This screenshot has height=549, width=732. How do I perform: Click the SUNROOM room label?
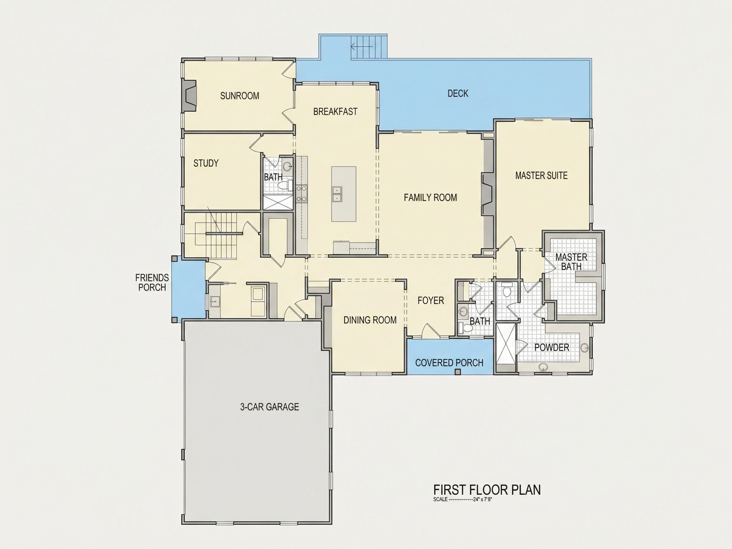click(240, 96)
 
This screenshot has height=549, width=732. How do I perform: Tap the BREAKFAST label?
click(335, 112)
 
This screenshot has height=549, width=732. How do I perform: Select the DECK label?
click(458, 94)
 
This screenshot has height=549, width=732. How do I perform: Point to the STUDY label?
click(206, 163)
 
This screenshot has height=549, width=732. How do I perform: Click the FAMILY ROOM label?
click(430, 198)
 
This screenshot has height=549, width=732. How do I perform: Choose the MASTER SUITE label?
click(541, 175)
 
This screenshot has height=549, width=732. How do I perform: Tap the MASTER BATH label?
click(571, 262)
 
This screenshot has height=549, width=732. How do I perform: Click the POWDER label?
click(552, 348)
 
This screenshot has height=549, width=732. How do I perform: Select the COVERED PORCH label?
click(449, 363)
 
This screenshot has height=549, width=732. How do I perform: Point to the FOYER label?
click(430, 301)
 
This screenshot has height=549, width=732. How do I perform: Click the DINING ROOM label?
click(370, 320)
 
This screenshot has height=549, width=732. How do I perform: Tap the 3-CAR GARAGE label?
click(269, 407)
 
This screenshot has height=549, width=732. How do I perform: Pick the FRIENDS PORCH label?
click(152, 283)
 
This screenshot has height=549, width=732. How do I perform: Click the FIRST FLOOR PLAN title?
click(487, 490)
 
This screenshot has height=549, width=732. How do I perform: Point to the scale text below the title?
click(463, 500)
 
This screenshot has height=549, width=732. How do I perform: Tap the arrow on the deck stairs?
click(362, 47)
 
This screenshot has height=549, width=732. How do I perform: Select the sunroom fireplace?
click(189, 96)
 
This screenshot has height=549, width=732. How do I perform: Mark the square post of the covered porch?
click(458, 372)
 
